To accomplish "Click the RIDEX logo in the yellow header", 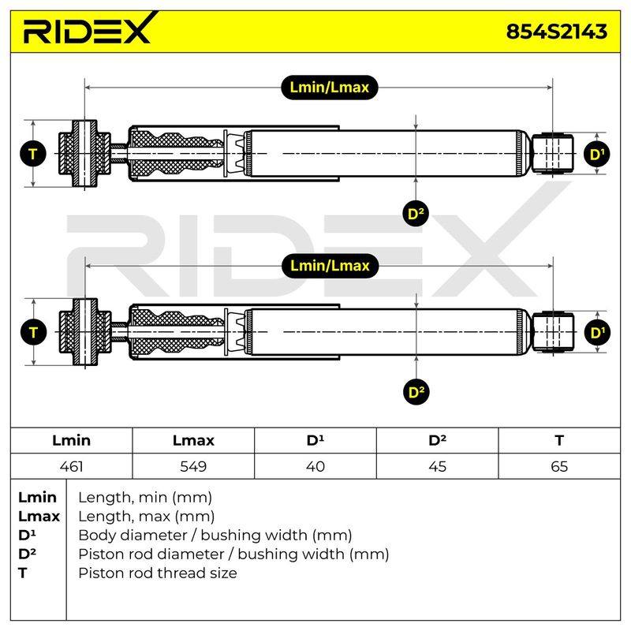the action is pos(90,28).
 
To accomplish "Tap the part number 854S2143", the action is pos(557,32).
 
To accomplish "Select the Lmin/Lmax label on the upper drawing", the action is pos(329,88).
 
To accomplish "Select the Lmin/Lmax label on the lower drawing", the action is pos(330,266).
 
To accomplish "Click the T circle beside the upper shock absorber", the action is pos(33,154).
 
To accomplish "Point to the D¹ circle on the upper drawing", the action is pos(597,154).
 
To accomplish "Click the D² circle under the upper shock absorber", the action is pos(416,213).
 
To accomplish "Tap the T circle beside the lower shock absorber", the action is pos(33,332).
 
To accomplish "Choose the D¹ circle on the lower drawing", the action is pos(597,333).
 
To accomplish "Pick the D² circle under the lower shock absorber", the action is pos(416,392).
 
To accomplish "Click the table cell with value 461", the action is pos(71,466).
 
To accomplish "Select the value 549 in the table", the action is pos(193,466).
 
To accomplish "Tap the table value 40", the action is pos(315,466).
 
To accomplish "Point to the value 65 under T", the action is pos(559,466).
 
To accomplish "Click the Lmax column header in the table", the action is pos(193,440).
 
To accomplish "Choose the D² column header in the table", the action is pos(437,440).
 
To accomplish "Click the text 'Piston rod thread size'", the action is pos(157,573).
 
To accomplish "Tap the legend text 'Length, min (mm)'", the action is pos(145,498).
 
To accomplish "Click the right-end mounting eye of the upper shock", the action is pos(553,154).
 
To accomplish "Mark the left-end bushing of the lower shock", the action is pos(85,332).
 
